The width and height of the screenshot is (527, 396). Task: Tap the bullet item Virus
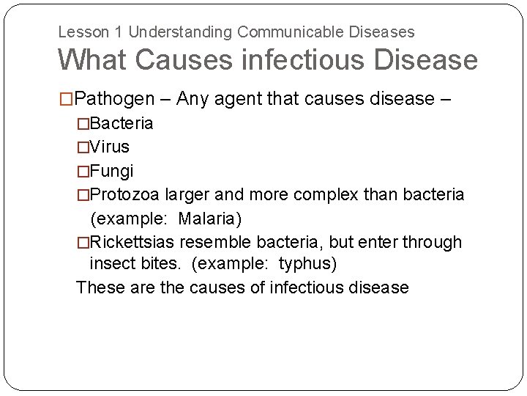click(109, 147)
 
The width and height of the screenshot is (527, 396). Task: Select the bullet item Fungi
click(111, 171)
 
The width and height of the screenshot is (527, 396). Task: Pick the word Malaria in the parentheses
click(207, 219)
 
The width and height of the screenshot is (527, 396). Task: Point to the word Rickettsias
click(132, 242)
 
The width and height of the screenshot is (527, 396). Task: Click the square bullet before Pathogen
click(67, 99)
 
